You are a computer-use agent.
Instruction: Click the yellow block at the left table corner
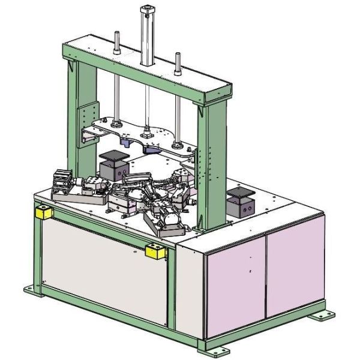pos(43,212)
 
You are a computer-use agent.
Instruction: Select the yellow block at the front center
pos(155,251)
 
